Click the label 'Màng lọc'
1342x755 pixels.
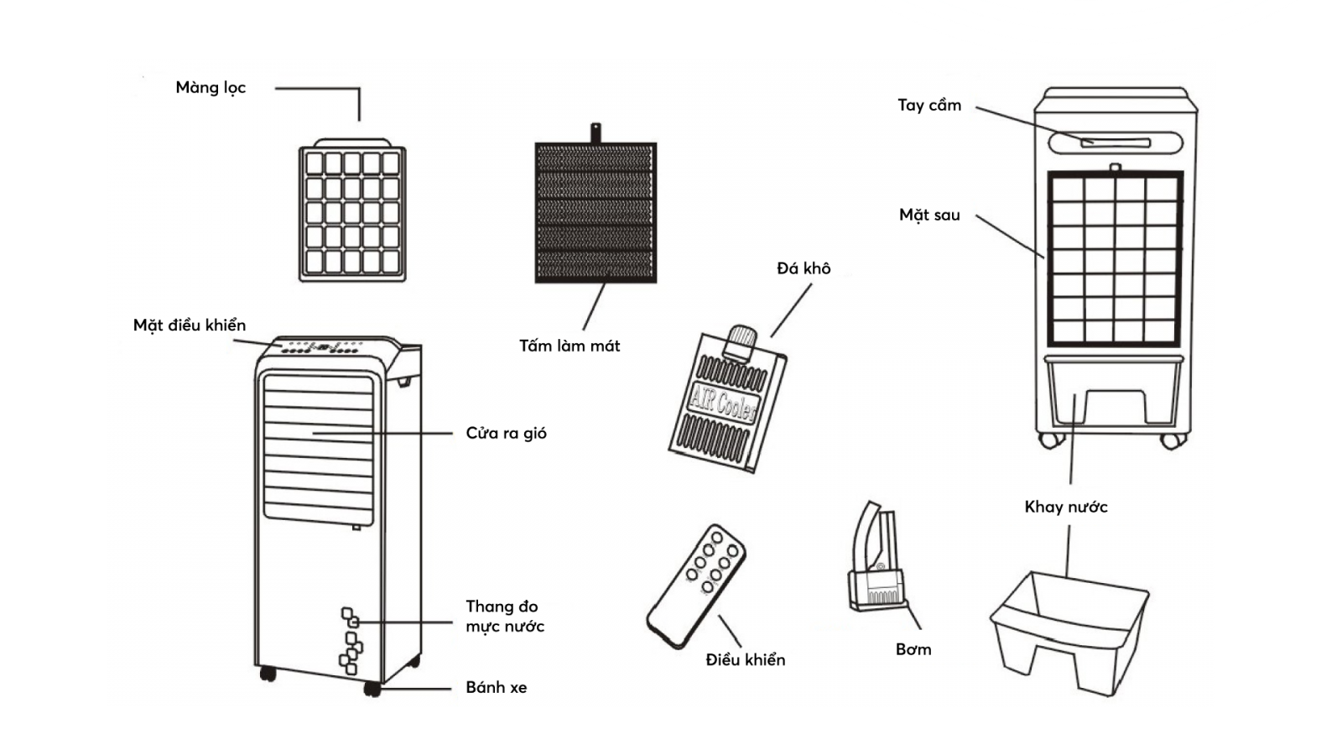[x=211, y=88]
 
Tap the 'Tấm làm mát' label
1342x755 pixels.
[x=570, y=346]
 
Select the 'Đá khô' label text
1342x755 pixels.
[x=804, y=268]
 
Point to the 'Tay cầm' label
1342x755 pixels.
[x=929, y=106]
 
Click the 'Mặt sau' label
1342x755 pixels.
[x=929, y=215]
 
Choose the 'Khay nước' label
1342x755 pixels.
[x=1066, y=507]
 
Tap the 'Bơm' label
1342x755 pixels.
[x=913, y=649]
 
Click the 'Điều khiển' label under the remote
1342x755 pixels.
[x=746, y=659]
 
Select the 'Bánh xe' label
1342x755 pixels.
[x=497, y=688]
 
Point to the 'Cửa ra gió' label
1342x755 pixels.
[x=506, y=434]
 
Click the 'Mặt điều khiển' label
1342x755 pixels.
[x=190, y=325]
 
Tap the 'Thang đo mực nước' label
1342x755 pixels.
[x=505, y=617]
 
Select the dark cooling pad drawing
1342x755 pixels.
[x=596, y=213]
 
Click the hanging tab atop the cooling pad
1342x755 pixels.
[x=596, y=133]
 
